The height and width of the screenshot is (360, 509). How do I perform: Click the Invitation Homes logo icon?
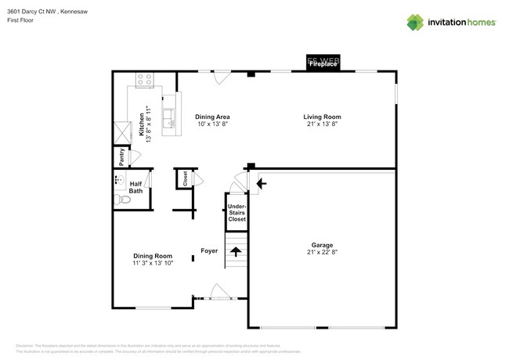415,22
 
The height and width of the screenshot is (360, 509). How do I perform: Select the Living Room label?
322,117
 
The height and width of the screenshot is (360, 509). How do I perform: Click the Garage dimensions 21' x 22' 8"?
322,253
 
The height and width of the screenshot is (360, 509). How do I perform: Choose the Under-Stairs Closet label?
236,213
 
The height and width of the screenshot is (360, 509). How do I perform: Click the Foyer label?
209,251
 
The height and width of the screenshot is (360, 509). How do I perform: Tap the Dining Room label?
152,256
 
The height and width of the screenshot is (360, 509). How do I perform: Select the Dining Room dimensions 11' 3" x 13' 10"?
152,264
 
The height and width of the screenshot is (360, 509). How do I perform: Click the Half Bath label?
135,187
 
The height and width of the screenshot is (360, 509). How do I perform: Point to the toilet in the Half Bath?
122,200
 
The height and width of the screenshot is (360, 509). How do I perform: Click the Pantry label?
121,157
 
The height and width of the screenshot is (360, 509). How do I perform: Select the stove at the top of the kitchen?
144,79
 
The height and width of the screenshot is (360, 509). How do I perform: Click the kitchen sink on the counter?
168,118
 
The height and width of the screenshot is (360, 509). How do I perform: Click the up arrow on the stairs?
236,251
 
